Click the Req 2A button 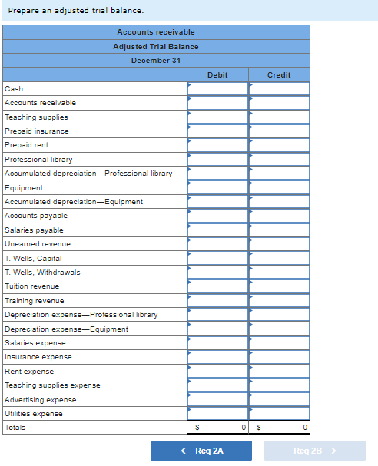tap(201, 451)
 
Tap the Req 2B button tap(314, 451)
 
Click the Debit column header tap(217, 74)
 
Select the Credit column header tap(279, 74)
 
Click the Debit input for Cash tap(218, 89)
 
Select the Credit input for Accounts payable tap(280, 216)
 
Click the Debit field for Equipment tap(218, 187)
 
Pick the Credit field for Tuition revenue tap(280, 286)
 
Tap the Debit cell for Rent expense tap(218, 371)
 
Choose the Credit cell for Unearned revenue tap(280, 244)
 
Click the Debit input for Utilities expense tap(218, 413)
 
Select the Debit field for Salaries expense tap(218, 342)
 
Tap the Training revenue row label tap(35, 301)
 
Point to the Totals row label tap(15, 428)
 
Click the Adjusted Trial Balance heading tap(156, 46)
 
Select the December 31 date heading tap(156, 60)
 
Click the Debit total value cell tap(218, 428)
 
